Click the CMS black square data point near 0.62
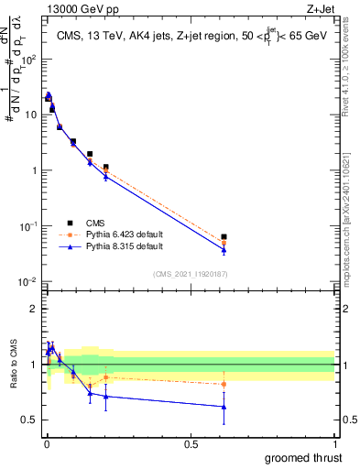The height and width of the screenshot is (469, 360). pos(224,236)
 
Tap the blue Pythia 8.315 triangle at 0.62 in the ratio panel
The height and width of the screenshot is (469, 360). pos(224,407)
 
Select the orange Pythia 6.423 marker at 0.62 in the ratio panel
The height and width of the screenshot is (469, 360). pos(224,384)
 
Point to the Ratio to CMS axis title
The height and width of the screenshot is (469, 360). pos(13,365)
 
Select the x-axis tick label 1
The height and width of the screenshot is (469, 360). pos(333,443)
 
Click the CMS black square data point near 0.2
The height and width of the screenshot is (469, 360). pos(106,168)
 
